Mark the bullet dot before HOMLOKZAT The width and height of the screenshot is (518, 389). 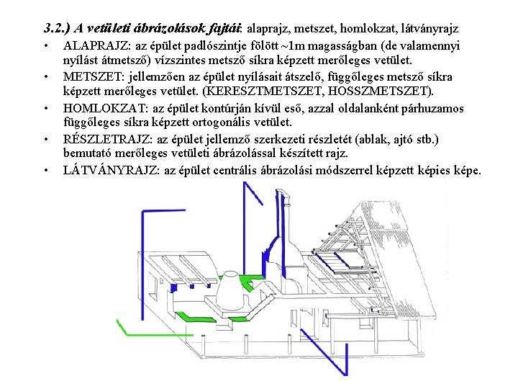(x=45, y=108)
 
